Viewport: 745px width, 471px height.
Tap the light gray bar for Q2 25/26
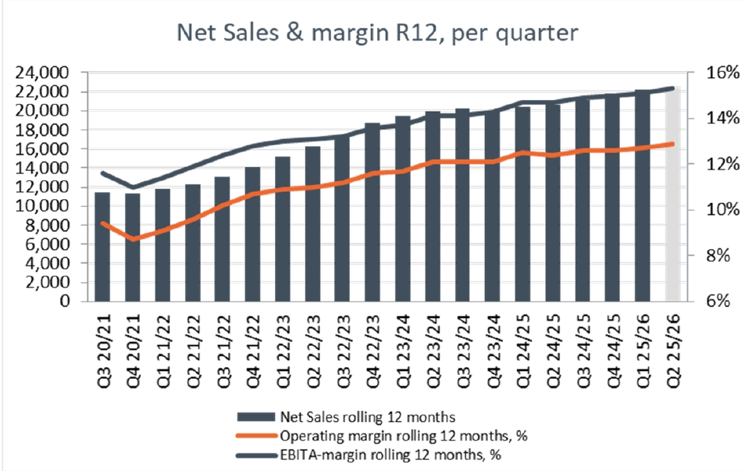tap(672, 195)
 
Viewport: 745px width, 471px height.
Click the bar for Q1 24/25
tap(522, 205)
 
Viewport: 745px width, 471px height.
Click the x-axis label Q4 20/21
tap(133, 344)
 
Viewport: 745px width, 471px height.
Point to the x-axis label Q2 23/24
tap(433, 344)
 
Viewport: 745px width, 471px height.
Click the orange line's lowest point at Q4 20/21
tap(133, 239)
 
